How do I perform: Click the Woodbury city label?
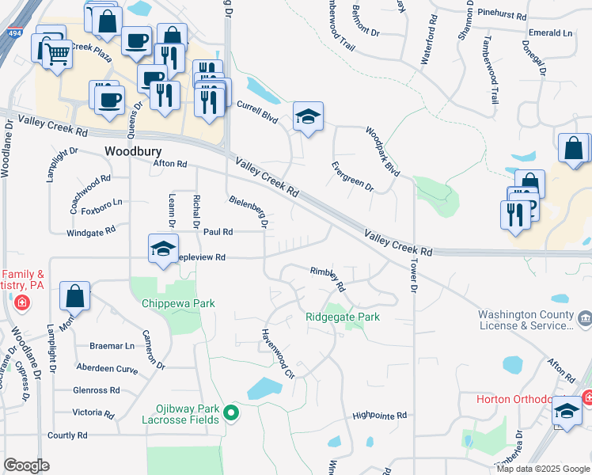133,150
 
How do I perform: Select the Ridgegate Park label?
343,317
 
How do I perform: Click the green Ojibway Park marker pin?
231,412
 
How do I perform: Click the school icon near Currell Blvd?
308,117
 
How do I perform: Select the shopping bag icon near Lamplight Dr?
74,297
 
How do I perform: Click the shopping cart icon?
56,54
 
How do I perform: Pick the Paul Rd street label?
218,232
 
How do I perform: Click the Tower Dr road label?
412,273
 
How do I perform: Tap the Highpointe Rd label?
379,415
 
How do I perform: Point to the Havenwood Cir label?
278,353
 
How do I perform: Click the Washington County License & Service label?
526,320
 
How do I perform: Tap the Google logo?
26,465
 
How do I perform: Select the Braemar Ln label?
112,346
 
